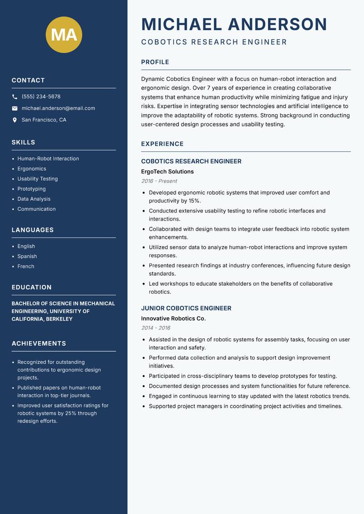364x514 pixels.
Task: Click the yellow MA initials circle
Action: coord(64,35)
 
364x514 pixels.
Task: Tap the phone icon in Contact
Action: coord(15,97)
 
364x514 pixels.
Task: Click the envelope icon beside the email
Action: coord(15,108)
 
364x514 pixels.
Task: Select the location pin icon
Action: coord(15,120)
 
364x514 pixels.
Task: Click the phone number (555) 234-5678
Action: coord(41,97)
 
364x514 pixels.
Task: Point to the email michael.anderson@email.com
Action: coord(58,108)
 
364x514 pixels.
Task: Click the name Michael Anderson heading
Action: coord(234,24)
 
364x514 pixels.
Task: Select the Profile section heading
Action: coord(155,62)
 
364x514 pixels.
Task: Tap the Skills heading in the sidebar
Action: coord(23,142)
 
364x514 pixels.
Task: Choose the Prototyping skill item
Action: coord(31,189)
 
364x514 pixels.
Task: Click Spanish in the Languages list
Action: coord(27,257)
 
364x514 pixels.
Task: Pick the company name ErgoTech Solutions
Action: coord(167,172)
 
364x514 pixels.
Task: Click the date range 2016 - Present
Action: coord(159,181)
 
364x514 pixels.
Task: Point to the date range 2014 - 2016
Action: coord(156,328)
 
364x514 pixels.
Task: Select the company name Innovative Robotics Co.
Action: coord(173,319)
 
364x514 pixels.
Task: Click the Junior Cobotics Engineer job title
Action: coord(186,308)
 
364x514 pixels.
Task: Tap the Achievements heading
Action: coord(39,343)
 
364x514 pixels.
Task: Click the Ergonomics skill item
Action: coord(32,169)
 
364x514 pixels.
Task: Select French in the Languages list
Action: coord(25,267)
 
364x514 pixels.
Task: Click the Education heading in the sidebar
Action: coord(31,287)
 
